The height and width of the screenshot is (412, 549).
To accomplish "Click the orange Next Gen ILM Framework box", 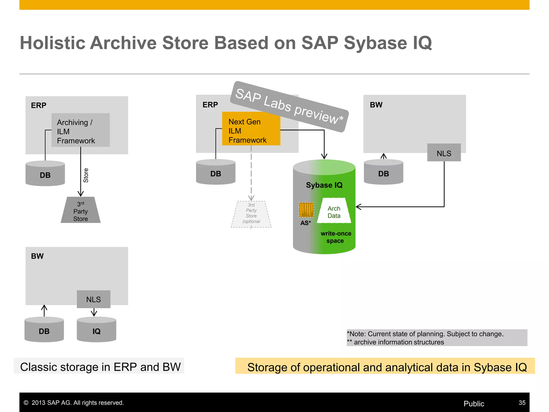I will click(251, 129).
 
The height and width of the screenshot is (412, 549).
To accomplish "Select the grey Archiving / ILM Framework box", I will click(80, 130).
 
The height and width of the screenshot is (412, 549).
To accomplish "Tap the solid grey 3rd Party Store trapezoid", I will click(80, 211).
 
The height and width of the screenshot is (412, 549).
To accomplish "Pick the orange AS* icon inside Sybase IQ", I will click(306, 210).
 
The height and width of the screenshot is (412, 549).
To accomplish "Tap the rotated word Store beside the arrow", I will click(86, 175).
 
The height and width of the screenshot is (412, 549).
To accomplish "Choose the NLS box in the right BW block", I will click(444, 153).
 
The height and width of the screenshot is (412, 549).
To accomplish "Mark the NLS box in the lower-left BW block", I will click(94, 299).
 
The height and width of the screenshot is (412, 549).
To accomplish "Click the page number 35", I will click(522, 403).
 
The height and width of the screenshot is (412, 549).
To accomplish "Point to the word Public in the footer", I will click(474, 404).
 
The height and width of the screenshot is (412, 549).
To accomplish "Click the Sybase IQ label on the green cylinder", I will click(324, 185).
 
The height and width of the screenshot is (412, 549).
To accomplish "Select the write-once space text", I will click(336, 237).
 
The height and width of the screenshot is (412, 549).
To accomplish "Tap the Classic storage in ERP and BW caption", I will click(100, 367).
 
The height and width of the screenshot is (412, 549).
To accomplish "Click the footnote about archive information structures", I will click(399, 342).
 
